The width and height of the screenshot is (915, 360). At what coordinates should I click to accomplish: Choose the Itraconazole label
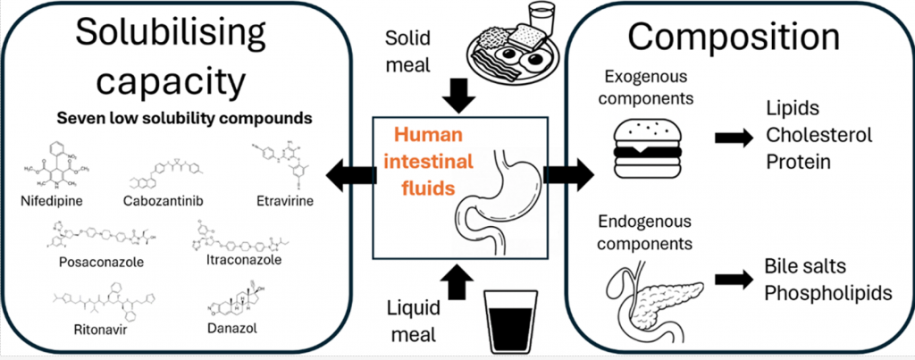pyautogui.click(x=237, y=261)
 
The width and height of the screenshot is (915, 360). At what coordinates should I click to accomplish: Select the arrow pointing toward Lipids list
pyautogui.click(x=731, y=139)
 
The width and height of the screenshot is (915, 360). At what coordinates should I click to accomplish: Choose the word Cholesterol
pyautogui.click(x=817, y=135)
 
